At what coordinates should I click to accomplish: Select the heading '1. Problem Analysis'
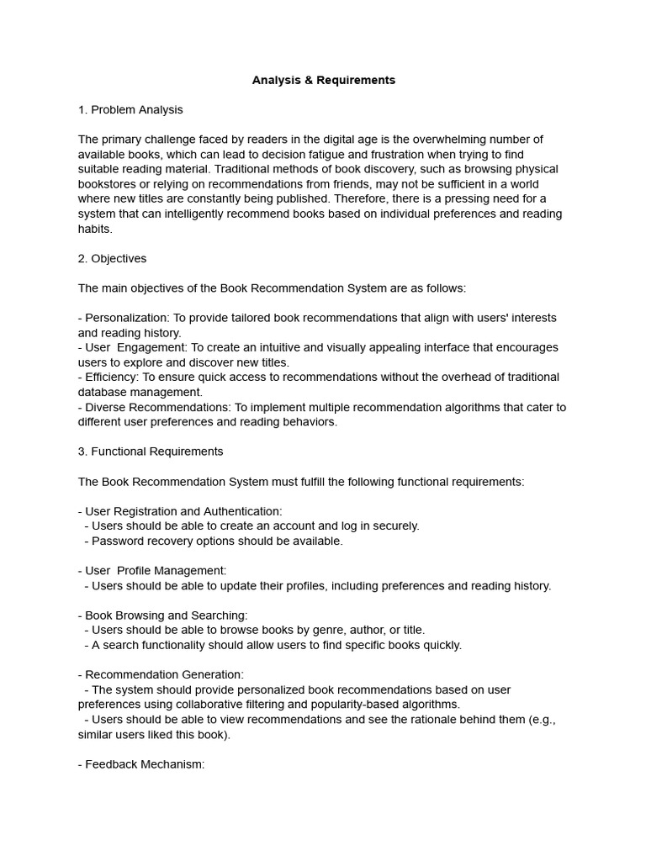coord(130,110)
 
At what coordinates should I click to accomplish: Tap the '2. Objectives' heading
coord(112,259)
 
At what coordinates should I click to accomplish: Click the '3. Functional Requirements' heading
coord(151,452)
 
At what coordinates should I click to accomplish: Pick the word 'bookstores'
coord(108,184)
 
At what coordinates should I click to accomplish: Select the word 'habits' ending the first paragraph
coord(95,229)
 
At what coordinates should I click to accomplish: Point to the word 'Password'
coord(117,541)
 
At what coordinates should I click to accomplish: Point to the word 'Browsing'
coord(139,615)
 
